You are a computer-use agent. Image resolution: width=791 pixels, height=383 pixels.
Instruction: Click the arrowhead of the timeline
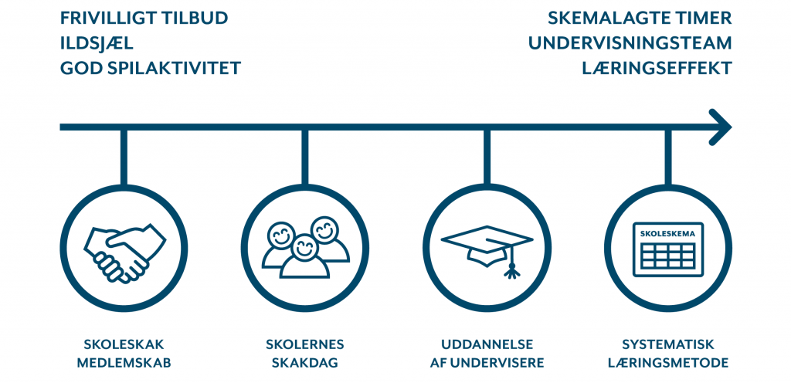(x=721, y=127)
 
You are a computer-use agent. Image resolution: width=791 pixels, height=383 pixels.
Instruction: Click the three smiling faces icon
(x=305, y=247)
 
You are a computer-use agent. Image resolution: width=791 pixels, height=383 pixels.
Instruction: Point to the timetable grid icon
(x=668, y=249)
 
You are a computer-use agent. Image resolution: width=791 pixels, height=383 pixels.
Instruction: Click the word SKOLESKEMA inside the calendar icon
(x=668, y=234)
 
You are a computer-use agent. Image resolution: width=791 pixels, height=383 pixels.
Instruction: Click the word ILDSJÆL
(x=97, y=42)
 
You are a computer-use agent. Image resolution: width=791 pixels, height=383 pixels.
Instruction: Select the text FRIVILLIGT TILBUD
(x=144, y=18)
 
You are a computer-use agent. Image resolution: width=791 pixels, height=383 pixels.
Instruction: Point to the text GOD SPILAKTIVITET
(x=151, y=68)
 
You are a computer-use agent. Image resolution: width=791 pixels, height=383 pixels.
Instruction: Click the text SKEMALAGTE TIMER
(x=640, y=18)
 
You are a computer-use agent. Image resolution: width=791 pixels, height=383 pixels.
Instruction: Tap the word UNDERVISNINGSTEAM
(x=630, y=42)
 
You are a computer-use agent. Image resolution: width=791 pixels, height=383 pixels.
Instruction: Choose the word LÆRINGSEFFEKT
(x=657, y=68)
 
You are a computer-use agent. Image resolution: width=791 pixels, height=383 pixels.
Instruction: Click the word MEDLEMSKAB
(x=124, y=363)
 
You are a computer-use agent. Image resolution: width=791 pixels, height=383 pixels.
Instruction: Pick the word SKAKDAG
(x=304, y=363)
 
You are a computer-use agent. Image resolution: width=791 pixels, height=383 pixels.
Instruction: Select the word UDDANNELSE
(x=487, y=344)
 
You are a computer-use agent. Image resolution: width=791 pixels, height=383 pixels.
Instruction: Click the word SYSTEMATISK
(x=668, y=344)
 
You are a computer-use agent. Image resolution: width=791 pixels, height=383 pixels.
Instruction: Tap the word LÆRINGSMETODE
(x=668, y=363)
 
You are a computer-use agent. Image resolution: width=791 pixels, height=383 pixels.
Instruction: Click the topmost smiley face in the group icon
(x=324, y=229)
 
